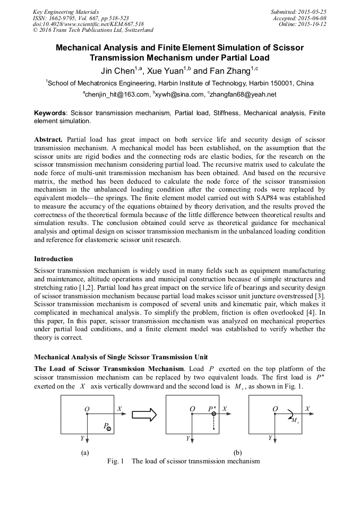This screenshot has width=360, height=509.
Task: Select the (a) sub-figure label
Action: [84, 453]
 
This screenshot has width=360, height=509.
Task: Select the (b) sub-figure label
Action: [237, 453]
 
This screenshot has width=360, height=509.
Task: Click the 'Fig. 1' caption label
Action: [115, 461]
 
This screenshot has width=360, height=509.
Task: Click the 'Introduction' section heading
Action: [54, 259]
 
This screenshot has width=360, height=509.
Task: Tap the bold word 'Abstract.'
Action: [49, 139]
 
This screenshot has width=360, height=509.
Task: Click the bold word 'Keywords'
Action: [50, 113]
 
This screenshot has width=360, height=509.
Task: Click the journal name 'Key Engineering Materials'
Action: [66, 11]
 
